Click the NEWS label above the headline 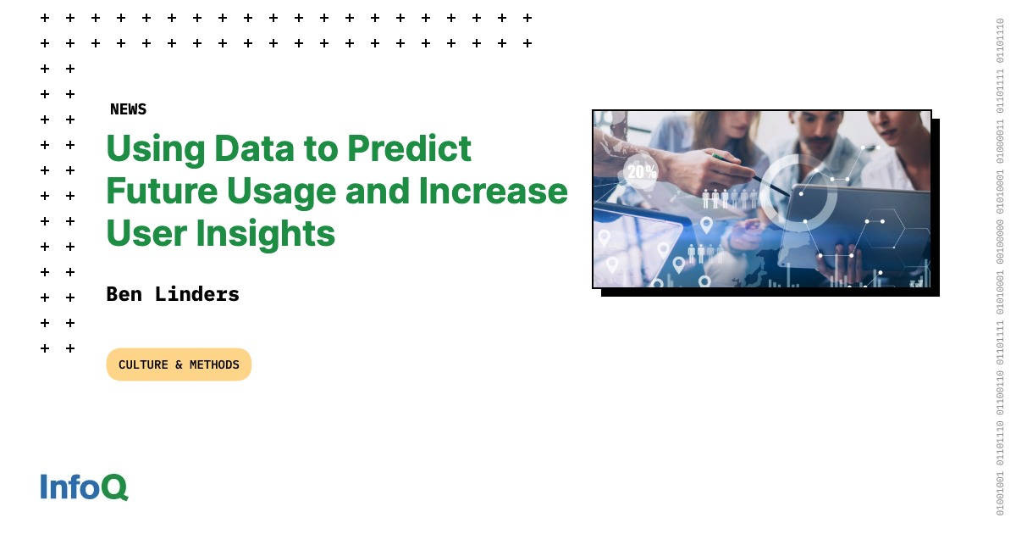click(x=129, y=109)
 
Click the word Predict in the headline click(x=409, y=148)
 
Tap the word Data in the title click(x=254, y=148)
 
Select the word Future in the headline click(x=162, y=192)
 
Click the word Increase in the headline click(x=493, y=192)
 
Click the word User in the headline click(x=146, y=233)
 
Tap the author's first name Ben click(x=124, y=294)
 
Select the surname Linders click(x=196, y=294)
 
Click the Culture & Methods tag click(x=179, y=364)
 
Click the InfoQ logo click(x=85, y=487)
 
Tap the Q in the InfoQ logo click(x=115, y=487)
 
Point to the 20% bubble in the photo click(x=640, y=171)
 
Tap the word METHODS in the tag click(x=214, y=364)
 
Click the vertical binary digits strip click(x=1000, y=267)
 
